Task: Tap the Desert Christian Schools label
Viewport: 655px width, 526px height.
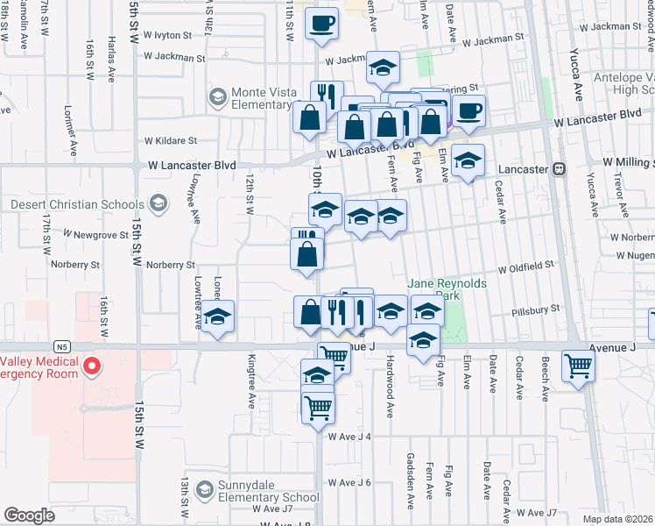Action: pyautogui.click(x=79, y=204)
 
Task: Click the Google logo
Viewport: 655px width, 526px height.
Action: pyautogui.click(x=30, y=515)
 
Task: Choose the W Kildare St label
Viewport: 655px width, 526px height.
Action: pyautogui.click(x=171, y=140)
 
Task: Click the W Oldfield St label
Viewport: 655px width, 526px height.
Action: pyautogui.click(x=526, y=264)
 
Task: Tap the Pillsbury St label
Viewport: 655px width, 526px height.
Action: pyautogui.click(x=537, y=309)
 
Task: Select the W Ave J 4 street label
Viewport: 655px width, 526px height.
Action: pyautogui.click(x=350, y=437)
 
